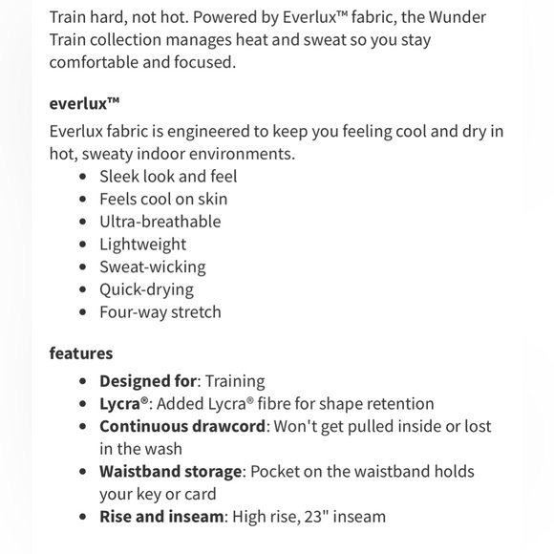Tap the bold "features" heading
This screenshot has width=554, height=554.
81,353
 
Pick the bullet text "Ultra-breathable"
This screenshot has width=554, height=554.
160,222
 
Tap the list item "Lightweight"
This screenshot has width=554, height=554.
143,245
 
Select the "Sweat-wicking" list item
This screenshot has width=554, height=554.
153,266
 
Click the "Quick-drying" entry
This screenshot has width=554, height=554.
147,289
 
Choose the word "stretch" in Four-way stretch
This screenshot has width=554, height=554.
196,312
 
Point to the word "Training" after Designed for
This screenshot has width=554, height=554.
232,381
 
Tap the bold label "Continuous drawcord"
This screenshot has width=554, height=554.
181,426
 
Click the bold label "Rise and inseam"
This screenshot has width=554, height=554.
161,517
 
